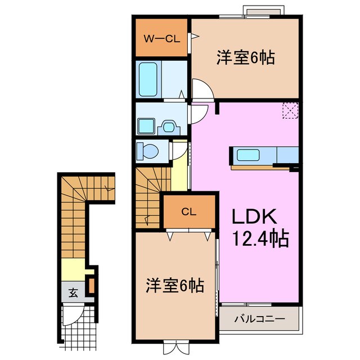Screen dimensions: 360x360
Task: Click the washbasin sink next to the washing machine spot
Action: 168,127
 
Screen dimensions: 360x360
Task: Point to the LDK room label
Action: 253,217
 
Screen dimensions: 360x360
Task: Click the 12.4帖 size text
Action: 260,239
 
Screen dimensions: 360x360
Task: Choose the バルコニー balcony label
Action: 259,319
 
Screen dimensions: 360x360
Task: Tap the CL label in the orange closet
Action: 188,211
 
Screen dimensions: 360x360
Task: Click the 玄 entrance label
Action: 73,292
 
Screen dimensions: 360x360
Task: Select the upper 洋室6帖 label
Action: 246,57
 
